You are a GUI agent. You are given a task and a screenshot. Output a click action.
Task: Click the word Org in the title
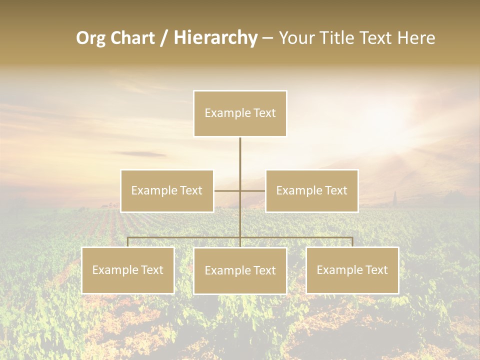91,38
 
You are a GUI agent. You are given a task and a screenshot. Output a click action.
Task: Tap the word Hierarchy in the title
215,38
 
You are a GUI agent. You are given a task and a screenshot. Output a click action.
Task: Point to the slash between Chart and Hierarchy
164,38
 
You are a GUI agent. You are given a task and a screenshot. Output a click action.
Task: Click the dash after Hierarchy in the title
267,38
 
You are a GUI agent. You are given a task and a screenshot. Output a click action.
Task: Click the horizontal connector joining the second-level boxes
227,190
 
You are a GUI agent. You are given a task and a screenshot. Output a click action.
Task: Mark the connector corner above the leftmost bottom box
128,238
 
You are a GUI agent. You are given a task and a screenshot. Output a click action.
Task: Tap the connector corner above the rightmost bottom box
352,238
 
